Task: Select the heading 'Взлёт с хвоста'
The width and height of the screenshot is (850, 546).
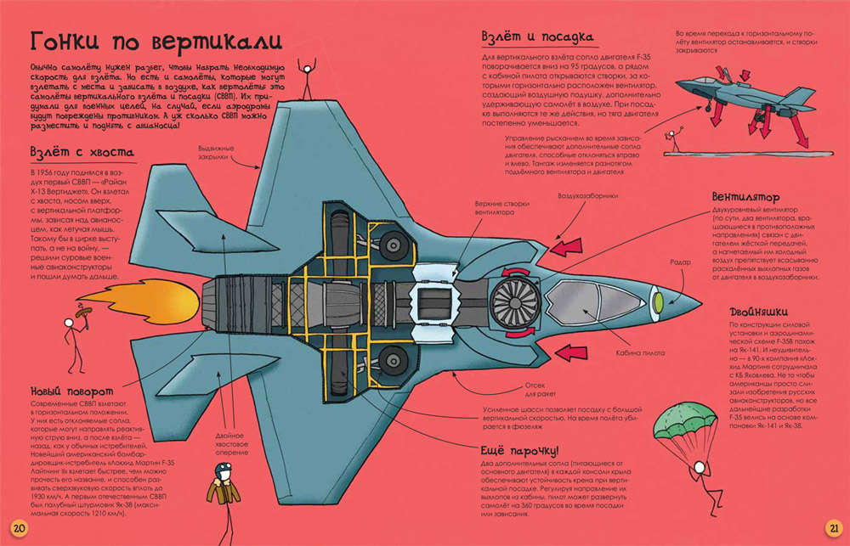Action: point(81,153)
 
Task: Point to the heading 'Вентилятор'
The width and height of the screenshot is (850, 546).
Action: point(748,197)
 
